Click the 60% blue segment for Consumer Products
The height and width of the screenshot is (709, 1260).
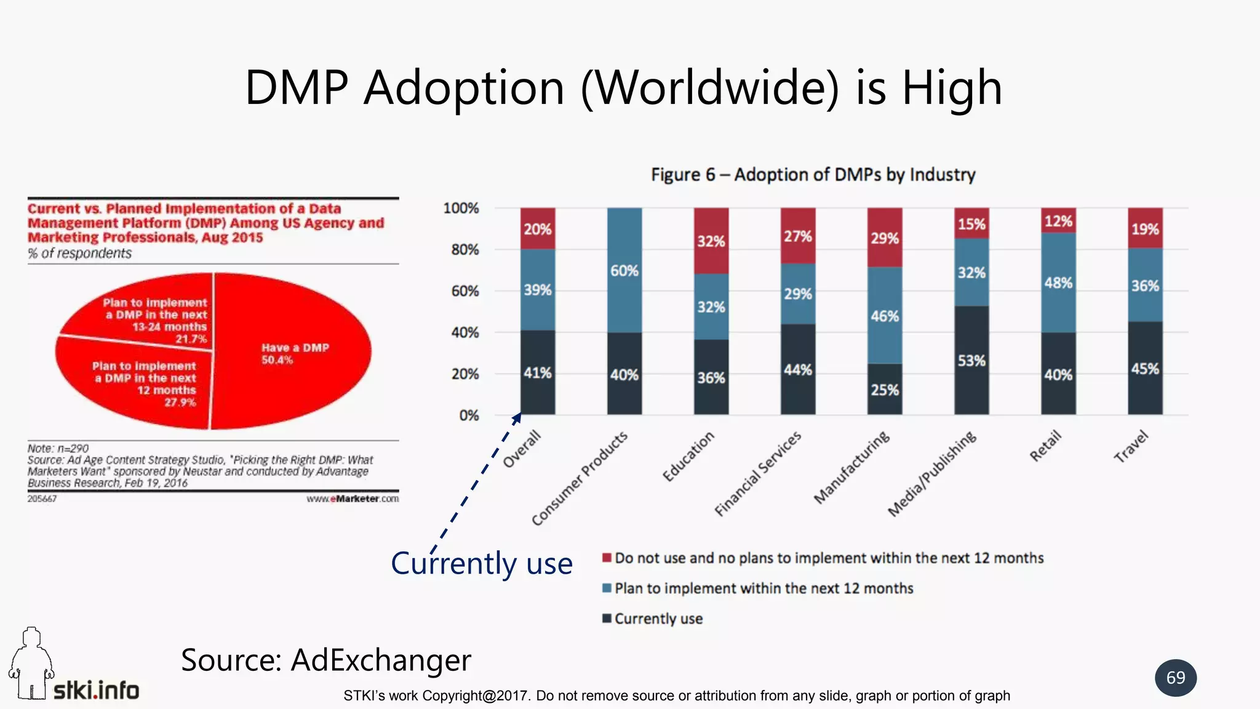pyautogui.click(x=624, y=271)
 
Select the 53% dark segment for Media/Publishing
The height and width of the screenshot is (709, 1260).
pyautogui.click(x=971, y=361)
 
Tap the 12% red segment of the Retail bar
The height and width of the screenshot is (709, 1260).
pyautogui.click(x=1058, y=220)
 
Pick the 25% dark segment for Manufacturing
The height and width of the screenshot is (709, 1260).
pyautogui.click(x=885, y=390)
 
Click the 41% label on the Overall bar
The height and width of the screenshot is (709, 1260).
pyautogui.click(x=537, y=373)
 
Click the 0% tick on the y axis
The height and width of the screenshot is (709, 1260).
pyautogui.click(x=468, y=416)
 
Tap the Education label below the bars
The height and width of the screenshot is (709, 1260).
pyautogui.click(x=688, y=456)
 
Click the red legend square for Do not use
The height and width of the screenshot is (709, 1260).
pyautogui.click(x=607, y=558)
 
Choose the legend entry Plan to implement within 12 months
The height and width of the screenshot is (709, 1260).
pyautogui.click(x=764, y=588)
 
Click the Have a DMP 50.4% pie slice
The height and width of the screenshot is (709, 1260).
pyautogui.click(x=294, y=354)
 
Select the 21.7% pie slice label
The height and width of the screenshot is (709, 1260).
pyautogui.click(x=191, y=339)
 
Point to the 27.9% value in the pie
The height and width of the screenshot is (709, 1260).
pyautogui.click(x=180, y=403)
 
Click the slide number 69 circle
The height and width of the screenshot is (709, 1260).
pyautogui.click(x=1175, y=678)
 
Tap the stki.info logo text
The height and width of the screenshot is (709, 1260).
pyautogui.click(x=96, y=690)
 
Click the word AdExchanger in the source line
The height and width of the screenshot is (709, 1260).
pyautogui.click(x=380, y=660)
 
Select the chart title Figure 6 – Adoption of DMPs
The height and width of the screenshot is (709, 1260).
pyautogui.click(x=813, y=175)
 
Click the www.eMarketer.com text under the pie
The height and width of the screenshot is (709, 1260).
pyautogui.click(x=353, y=499)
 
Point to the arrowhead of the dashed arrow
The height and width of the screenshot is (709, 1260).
pyautogui.click(x=517, y=417)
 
